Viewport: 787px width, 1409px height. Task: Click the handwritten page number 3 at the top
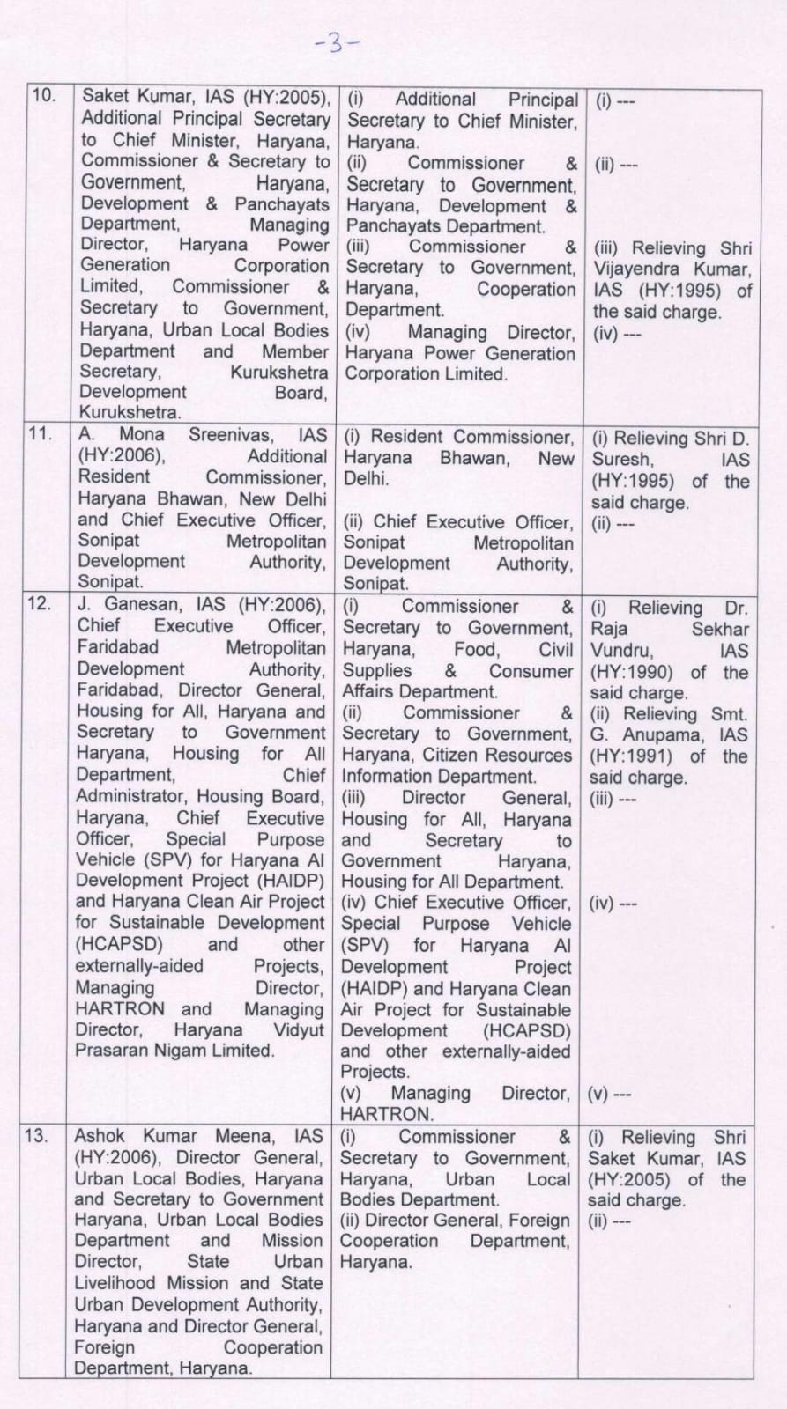coord(336,43)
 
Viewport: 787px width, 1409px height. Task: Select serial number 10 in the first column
coord(43,95)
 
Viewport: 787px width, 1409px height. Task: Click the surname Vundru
coord(621,651)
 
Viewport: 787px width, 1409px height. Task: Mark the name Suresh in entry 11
coord(622,460)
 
